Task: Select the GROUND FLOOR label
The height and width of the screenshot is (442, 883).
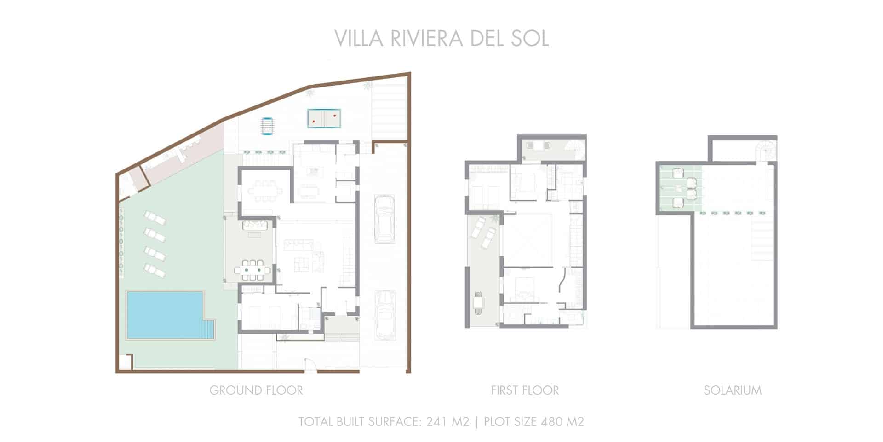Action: (256, 390)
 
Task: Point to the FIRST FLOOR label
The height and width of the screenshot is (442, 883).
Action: (525, 390)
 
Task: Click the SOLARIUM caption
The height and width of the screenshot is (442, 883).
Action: (733, 390)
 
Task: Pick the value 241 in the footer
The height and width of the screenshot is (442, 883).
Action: (436, 421)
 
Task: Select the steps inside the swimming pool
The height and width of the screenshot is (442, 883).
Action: (208, 330)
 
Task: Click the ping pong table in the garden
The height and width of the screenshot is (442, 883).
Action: (324, 118)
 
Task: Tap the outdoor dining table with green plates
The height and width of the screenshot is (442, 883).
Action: (251, 269)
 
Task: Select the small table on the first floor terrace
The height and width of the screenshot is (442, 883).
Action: (478, 303)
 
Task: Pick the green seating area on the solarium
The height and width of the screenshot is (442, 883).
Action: (681, 189)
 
